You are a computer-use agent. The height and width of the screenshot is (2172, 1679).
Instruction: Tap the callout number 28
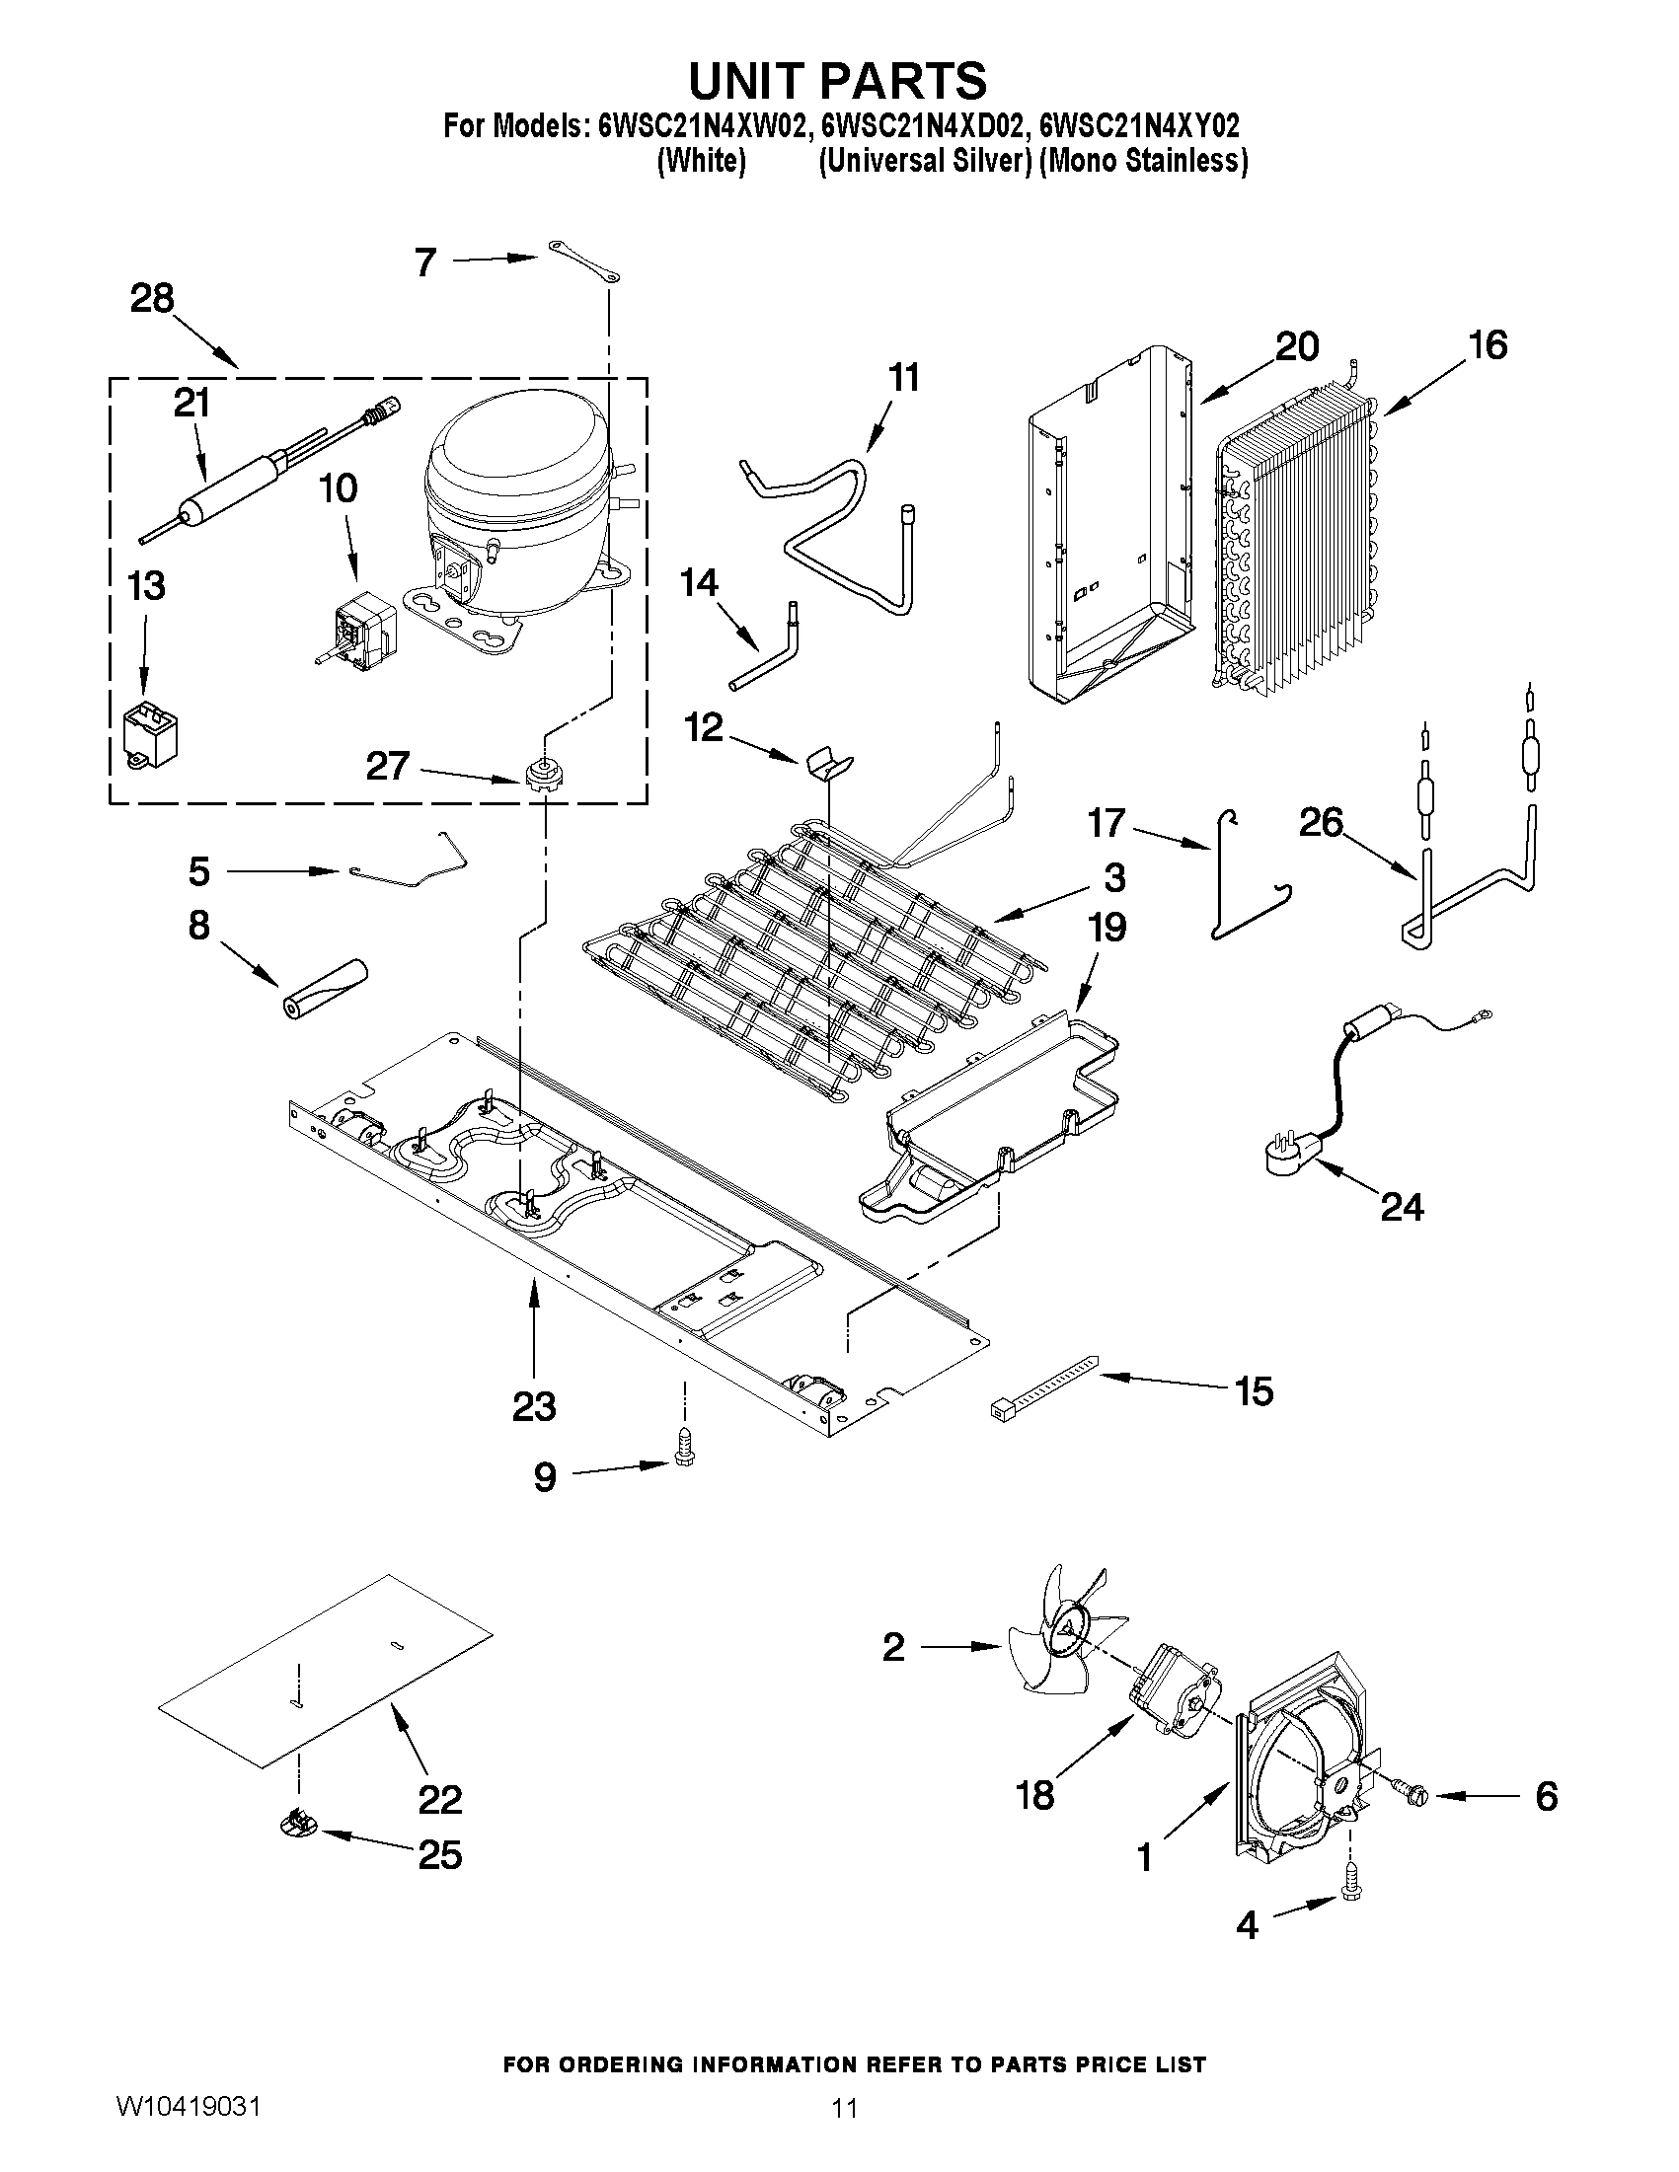[x=152, y=298]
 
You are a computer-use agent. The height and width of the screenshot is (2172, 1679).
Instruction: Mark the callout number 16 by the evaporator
[x=1488, y=345]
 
